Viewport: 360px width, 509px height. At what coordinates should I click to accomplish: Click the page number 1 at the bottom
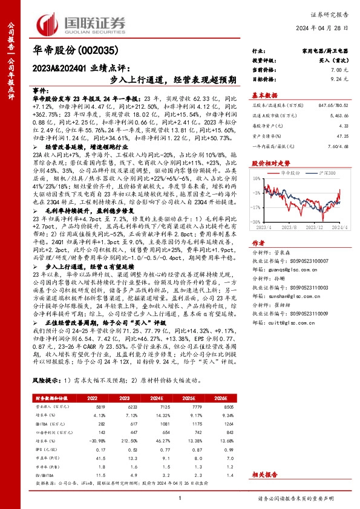[180, 498]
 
